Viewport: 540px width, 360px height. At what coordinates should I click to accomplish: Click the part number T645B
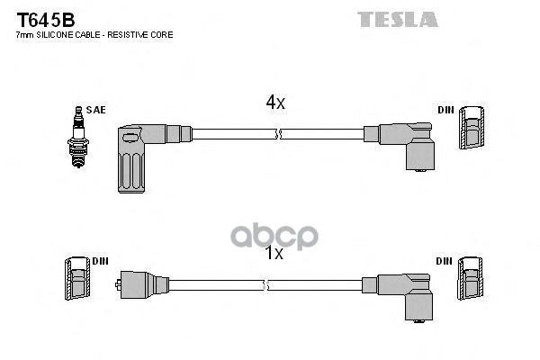click(x=43, y=19)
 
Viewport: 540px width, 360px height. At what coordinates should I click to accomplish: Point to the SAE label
click(x=96, y=110)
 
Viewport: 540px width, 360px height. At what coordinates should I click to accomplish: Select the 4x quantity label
click(x=274, y=103)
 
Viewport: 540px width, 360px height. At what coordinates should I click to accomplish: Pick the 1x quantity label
click(x=274, y=254)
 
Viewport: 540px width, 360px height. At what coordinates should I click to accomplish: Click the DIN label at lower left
click(x=100, y=261)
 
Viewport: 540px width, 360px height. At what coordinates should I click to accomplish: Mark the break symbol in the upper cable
click(x=279, y=135)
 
